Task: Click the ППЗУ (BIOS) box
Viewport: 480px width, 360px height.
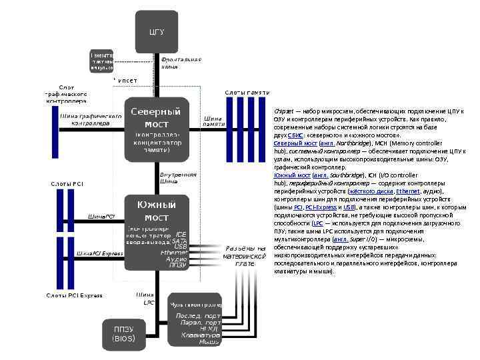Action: [124, 333]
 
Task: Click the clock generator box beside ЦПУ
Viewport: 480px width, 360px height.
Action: [102, 61]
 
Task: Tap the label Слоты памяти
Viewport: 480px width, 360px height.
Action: [247, 92]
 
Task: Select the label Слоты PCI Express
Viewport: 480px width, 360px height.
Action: [74, 295]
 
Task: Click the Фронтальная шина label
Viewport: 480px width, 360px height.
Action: [181, 63]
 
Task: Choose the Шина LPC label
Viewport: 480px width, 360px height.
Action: [145, 298]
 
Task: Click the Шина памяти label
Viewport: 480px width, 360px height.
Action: [213, 121]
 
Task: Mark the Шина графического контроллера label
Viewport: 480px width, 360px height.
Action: [91, 120]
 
